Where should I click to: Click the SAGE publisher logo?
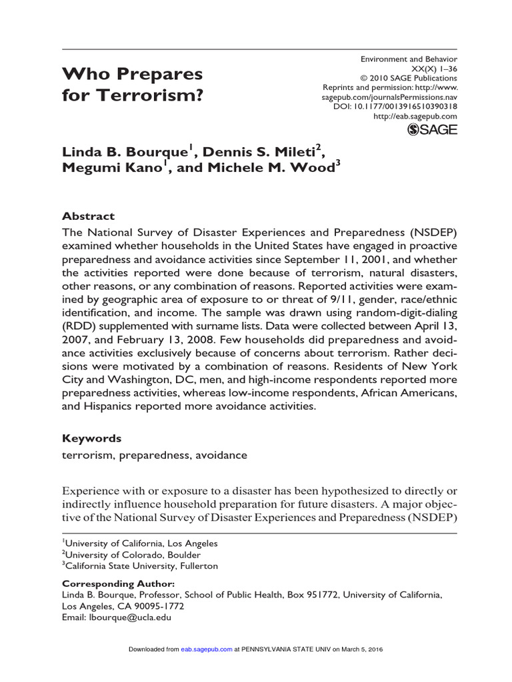[x=432, y=130]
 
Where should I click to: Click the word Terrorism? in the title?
[x=161, y=95]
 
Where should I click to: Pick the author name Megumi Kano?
[x=112, y=169]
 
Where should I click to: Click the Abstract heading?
[x=88, y=216]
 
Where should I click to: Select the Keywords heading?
[x=91, y=438]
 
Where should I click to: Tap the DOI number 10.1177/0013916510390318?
[x=404, y=106]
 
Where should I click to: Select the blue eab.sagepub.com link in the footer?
[x=207, y=649]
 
